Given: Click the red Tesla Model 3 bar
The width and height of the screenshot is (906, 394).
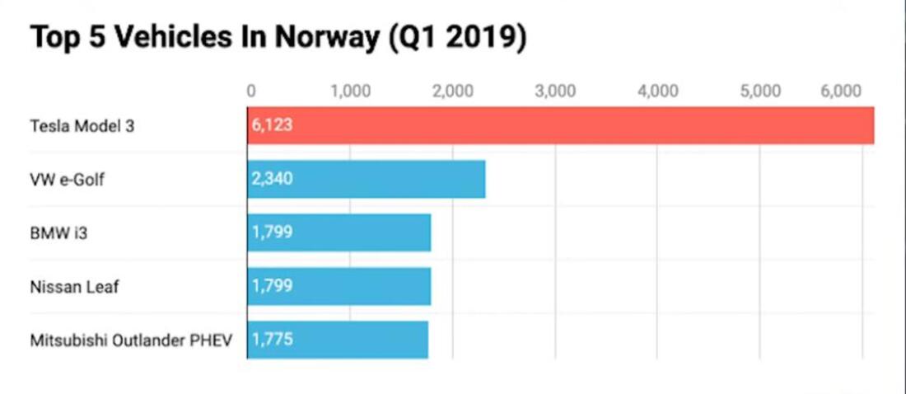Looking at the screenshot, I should pyautogui.click(x=560, y=125).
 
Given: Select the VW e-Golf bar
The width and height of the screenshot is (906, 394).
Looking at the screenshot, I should pyautogui.click(x=367, y=179).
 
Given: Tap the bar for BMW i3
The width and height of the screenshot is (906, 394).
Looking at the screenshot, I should pyautogui.click(x=339, y=232).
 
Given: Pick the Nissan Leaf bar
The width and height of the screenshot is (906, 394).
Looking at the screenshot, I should pyautogui.click(x=339, y=286).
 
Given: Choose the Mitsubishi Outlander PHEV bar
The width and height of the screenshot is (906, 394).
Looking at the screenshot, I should pyautogui.click(x=338, y=340).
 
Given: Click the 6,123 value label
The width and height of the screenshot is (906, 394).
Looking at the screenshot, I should pyautogui.click(x=273, y=125).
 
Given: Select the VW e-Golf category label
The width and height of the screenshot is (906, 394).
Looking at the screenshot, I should pyautogui.click(x=67, y=180).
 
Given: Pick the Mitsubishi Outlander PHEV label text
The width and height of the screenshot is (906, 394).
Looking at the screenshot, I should pyautogui.click(x=132, y=340).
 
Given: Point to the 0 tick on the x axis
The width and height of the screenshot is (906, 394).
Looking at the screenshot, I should pyautogui.click(x=251, y=91).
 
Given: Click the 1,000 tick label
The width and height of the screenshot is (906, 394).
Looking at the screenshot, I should pyautogui.click(x=350, y=91).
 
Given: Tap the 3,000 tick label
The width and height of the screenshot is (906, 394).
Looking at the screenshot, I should pyautogui.click(x=555, y=91).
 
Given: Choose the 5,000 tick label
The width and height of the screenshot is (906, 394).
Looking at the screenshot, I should pyautogui.click(x=760, y=91).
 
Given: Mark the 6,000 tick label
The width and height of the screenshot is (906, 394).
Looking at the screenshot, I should pyautogui.click(x=841, y=91).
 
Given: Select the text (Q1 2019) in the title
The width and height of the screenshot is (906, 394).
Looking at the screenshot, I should pyautogui.click(x=457, y=38).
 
